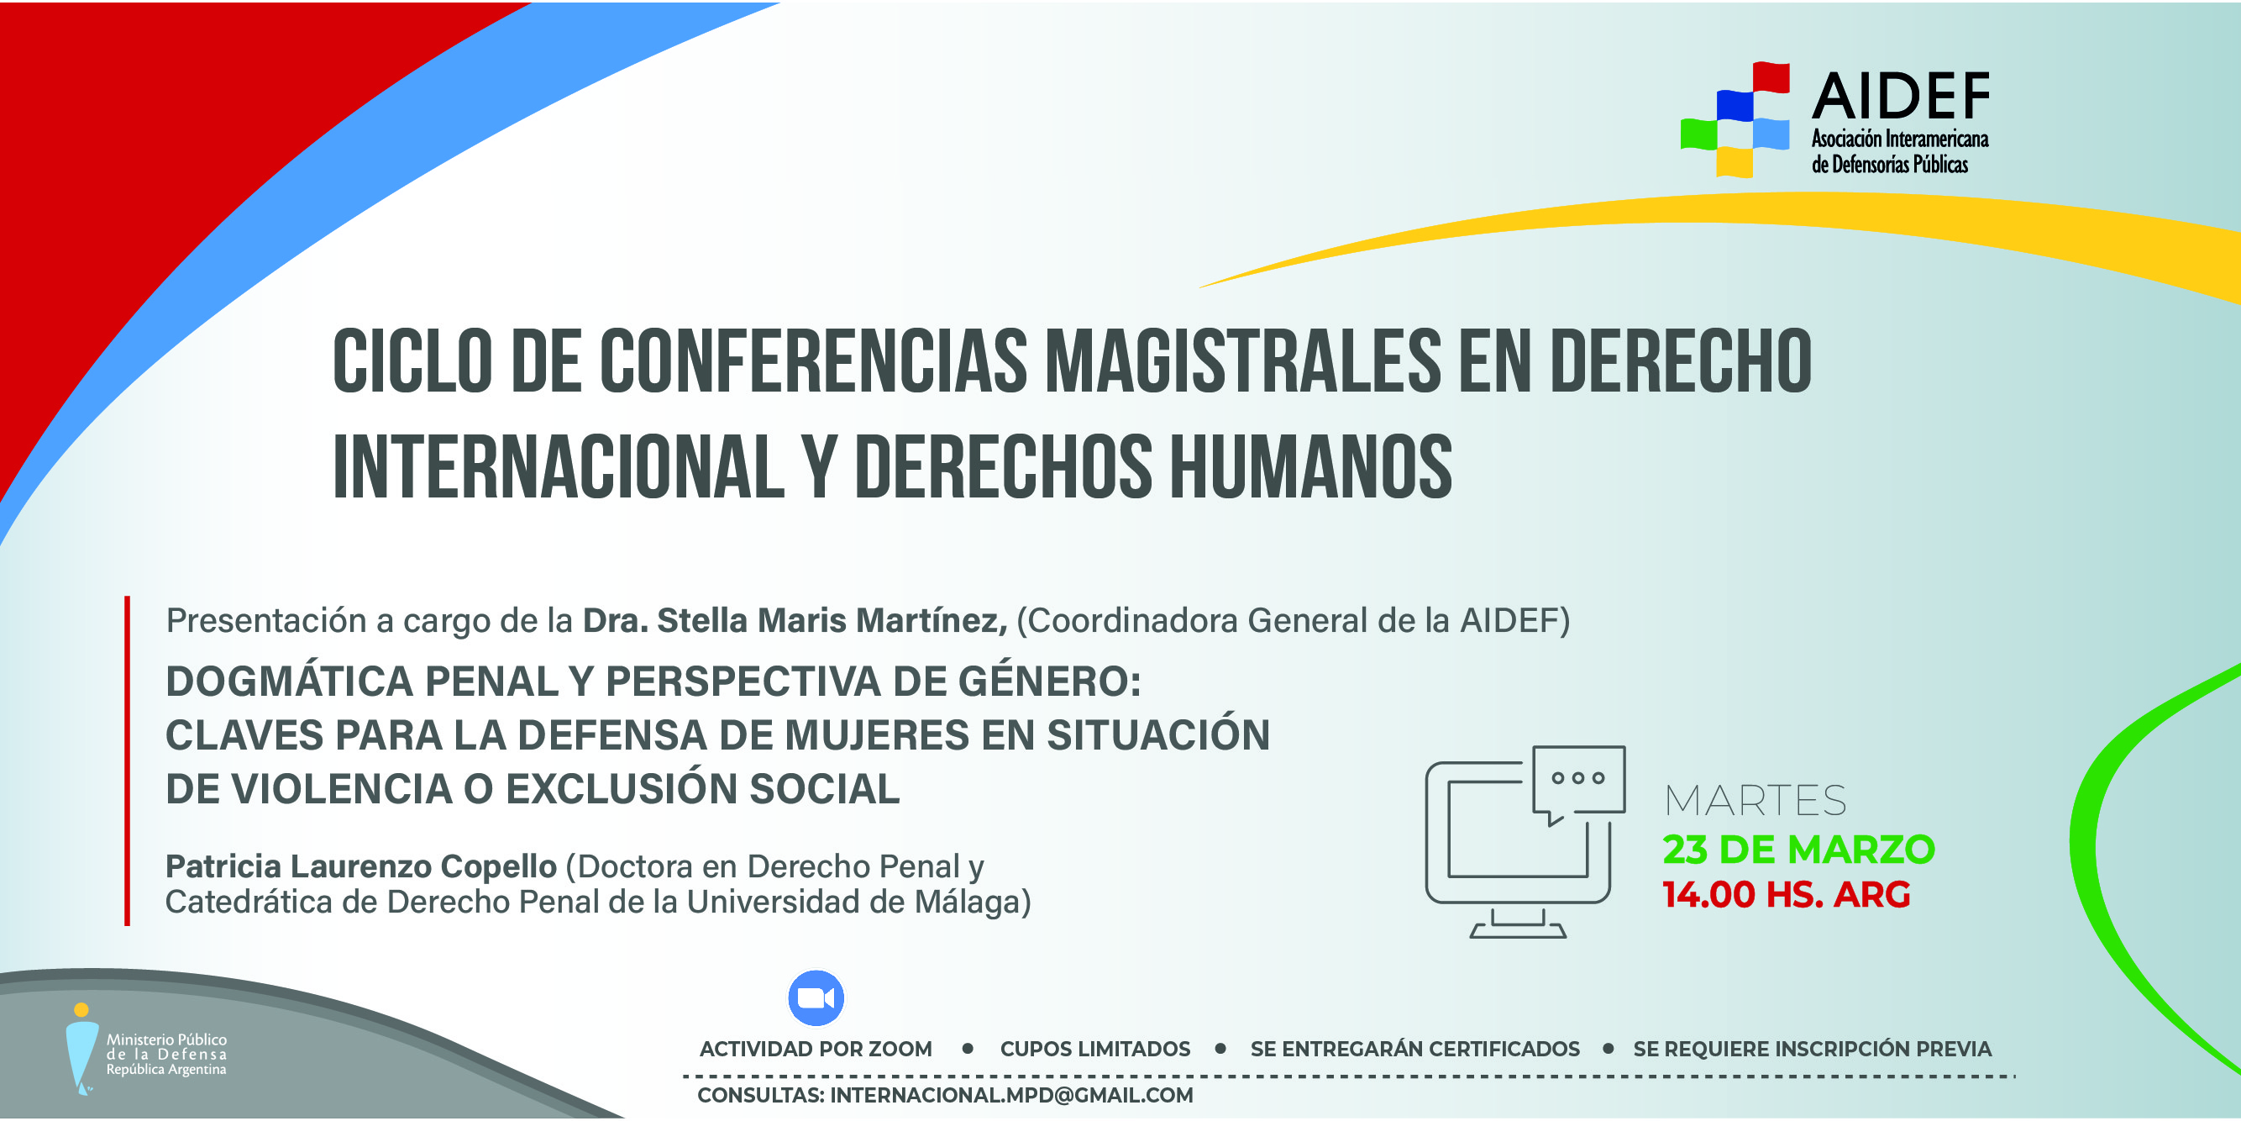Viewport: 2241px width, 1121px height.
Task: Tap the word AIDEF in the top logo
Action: point(1901,96)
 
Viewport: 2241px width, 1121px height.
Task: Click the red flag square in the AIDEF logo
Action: point(1771,76)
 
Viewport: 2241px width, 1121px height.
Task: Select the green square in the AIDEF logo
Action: point(1698,133)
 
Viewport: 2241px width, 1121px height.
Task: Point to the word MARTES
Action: point(1756,801)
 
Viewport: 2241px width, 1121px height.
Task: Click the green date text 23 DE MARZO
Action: point(1798,850)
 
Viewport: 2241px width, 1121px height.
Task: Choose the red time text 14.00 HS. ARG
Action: point(1786,895)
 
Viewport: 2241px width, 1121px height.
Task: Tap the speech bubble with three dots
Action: point(1578,782)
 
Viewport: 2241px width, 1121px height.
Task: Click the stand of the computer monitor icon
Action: point(1518,924)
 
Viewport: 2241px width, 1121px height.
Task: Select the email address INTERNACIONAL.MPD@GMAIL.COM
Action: point(1011,1095)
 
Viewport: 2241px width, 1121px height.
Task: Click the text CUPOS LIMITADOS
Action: point(1095,1049)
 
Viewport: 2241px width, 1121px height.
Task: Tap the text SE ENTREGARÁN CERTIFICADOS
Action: point(1414,1049)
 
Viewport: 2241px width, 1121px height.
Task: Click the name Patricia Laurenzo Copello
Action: point(361,866)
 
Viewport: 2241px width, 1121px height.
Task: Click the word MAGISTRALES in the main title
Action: point(1243,361)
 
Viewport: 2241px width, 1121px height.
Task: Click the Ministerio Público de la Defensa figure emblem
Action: point(81,1049)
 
